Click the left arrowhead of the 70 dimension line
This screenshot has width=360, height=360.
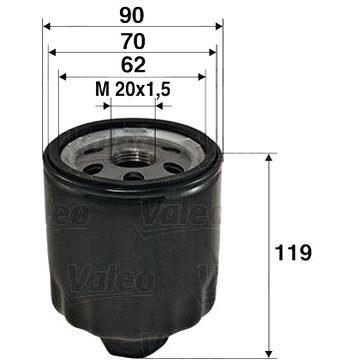[53, 52]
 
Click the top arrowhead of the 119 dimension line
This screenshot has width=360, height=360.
[269, 157]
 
